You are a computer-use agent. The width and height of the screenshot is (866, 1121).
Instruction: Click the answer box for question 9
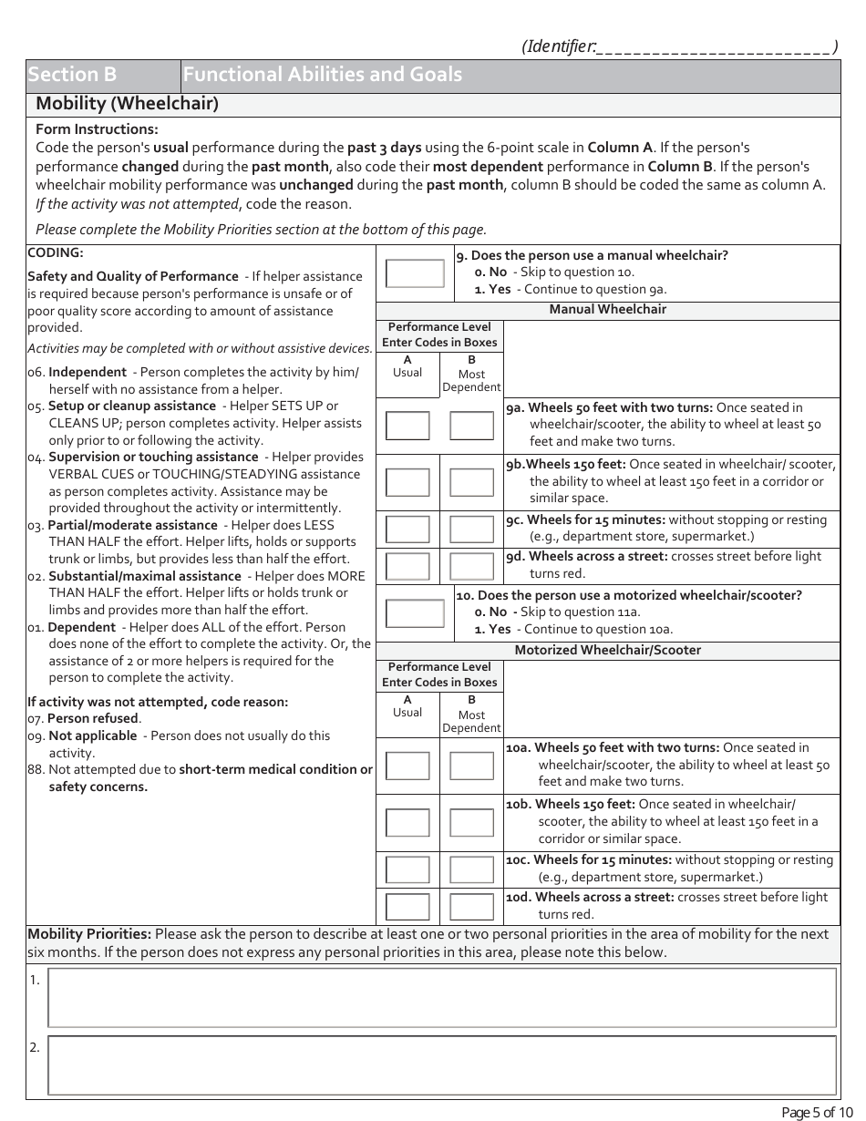pos(415,273)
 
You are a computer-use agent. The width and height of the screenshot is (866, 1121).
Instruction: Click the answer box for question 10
pos(415,613)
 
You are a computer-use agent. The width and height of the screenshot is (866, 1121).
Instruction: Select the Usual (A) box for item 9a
pos(407,426)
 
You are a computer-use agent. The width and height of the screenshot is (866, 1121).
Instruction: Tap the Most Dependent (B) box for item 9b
pos(471,482)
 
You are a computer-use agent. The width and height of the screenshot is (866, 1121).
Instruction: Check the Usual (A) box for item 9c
pos(407,529)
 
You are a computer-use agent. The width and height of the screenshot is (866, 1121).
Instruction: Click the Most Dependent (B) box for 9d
pos(471,566)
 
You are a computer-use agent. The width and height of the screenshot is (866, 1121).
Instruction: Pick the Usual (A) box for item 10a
pos(407,766)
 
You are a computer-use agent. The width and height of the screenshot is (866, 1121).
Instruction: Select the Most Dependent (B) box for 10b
pos(471,822)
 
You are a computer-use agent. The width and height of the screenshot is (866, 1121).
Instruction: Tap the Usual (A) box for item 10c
pos(407,869)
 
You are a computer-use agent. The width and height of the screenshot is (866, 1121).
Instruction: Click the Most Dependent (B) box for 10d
pos(471,907)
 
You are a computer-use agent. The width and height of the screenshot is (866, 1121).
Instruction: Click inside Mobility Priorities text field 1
pos(441,997)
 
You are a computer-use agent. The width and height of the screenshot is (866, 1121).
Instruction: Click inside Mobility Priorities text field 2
pos(441,1064)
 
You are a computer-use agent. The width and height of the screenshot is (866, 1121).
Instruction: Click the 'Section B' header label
pos(72,75)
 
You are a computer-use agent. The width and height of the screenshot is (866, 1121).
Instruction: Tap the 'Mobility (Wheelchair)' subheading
pos(127,104)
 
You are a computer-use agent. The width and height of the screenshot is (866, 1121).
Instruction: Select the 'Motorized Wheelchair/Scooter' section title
pos(607,651)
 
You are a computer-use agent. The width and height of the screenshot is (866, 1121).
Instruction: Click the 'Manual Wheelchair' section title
pos(607,310)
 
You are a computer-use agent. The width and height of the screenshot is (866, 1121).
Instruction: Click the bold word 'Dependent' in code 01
pos(82,627)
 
